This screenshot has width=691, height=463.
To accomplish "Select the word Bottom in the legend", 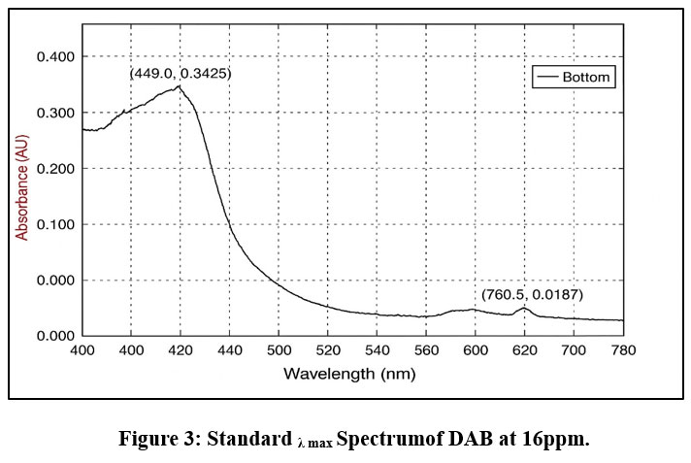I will point(589,76).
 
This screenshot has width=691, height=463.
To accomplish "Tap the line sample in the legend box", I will point(550,76).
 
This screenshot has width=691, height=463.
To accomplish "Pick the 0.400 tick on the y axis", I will point(54,56).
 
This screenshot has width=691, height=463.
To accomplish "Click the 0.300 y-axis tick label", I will point(54,113).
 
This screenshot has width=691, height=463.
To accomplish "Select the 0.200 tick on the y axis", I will point(54,168).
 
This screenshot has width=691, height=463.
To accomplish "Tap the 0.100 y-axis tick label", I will point(54,224).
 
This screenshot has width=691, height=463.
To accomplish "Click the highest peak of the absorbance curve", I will point(179,86).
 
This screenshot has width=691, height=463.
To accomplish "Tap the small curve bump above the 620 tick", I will point(524,308).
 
